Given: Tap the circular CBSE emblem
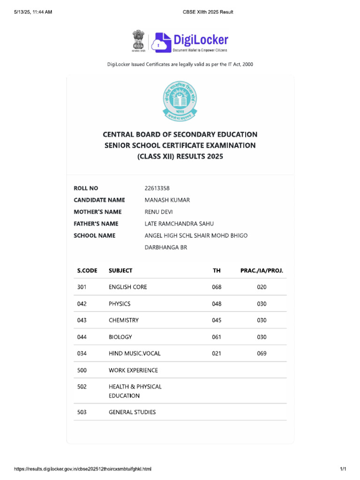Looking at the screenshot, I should pyautogui.click(x=180, y=99).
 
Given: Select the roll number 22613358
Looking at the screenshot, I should pyautogui.click(x=157, y=188).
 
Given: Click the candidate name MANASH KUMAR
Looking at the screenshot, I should pyautogui.click(x=167, y=200).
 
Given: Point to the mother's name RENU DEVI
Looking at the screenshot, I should pyautogui.click(x=159, y=212).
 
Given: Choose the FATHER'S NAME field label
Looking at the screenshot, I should pyautogui.click(x=96, y=224).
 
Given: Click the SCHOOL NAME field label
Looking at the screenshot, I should pyautogui.click(x=94, y=235).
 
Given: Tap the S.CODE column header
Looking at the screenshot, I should pyautogui.click(x=87, y=270).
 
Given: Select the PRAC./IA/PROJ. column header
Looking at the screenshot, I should pyautogui.click(x=262, y=270).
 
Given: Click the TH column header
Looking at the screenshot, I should pyautogui.click(x=216, y=270).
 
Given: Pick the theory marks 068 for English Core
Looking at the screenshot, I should pyautogui.click(x=216, y=287).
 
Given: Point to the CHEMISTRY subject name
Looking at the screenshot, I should pyautogui.click(x=124, y=320).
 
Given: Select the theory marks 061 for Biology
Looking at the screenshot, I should pyautogui.click(x=216, y=337).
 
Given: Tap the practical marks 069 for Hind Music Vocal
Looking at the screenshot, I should pyautogui.click(x=262, y=353).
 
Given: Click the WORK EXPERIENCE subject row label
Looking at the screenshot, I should pyautogui.click(x=133, y=370).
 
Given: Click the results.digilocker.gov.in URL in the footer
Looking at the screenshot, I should pyautogui.click(x=82, y=469).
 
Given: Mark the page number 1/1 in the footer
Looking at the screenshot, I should pyautogui.click(x=343, y=469).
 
